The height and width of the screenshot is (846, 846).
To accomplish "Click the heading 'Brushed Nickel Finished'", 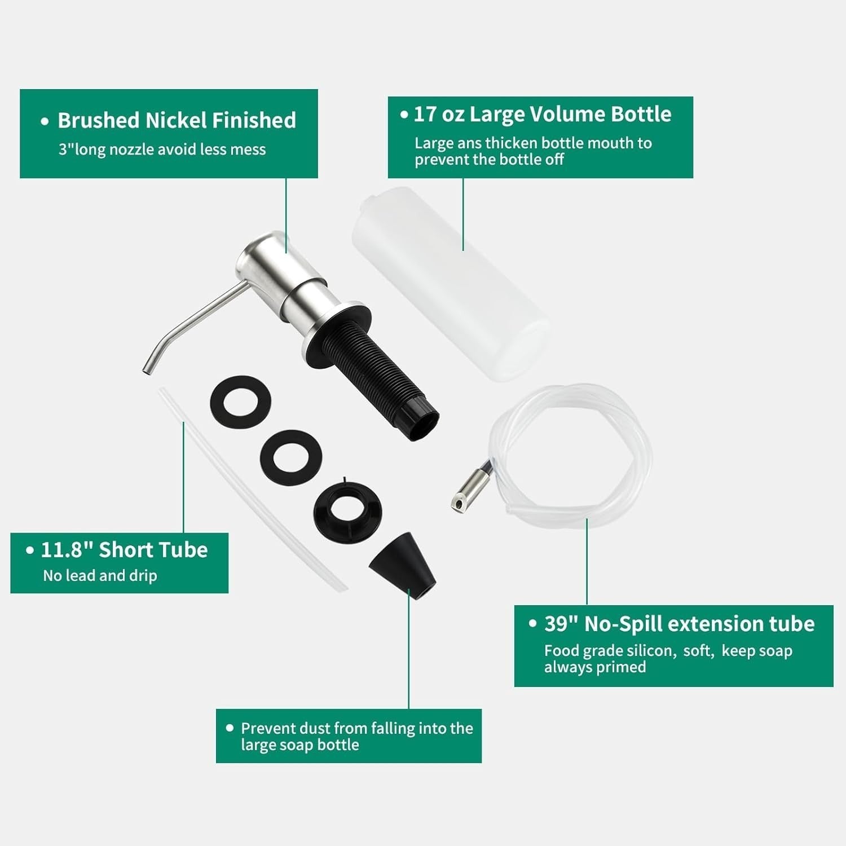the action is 177,120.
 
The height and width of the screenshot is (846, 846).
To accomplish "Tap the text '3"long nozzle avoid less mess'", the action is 162,149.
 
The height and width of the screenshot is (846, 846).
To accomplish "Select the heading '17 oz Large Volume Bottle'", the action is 542,114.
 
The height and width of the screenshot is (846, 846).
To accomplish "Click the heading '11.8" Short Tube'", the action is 124,550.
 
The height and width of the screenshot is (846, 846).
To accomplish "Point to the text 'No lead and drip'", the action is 100,576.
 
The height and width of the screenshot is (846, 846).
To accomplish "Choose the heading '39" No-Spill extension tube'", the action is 679,624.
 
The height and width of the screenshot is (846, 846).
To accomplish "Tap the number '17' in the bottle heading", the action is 425,114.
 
